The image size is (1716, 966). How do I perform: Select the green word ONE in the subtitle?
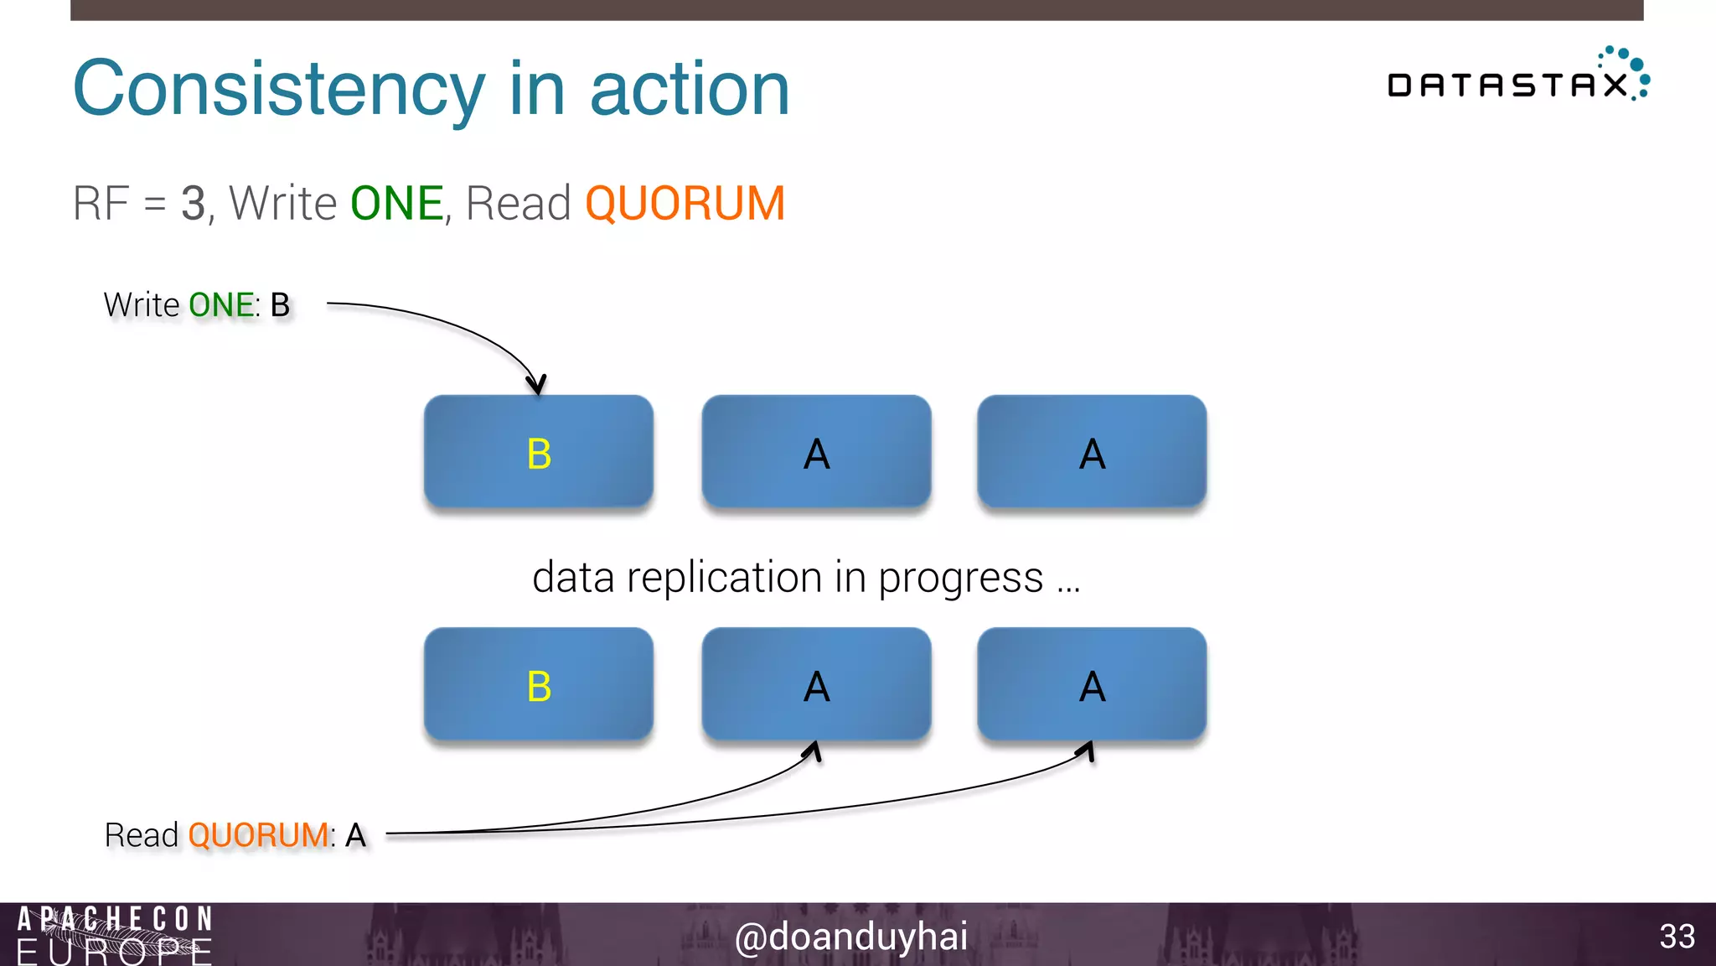(396, 204)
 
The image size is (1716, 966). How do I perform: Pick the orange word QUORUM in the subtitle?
(685, 204)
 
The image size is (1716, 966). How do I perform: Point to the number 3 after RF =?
(193, 204)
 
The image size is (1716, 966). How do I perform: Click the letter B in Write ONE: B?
(281, 305)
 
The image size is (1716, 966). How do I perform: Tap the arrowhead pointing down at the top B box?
(537, 386)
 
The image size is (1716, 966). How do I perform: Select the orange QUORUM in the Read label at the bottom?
(258, 835)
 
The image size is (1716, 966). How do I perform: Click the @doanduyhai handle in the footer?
(850, 937)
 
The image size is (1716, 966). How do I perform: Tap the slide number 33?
(1677, 937)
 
